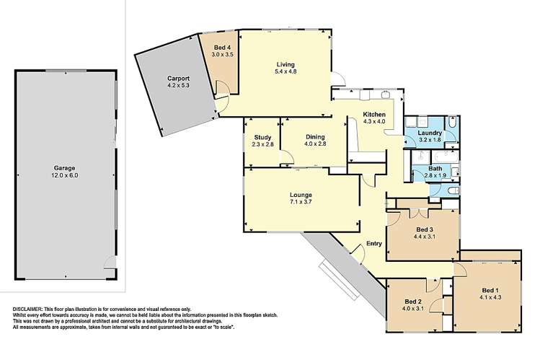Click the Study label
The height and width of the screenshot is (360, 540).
tap(260, 136)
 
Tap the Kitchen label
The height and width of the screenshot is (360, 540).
tap(374, 115)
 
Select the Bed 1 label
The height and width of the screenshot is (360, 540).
tap(488, 292)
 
